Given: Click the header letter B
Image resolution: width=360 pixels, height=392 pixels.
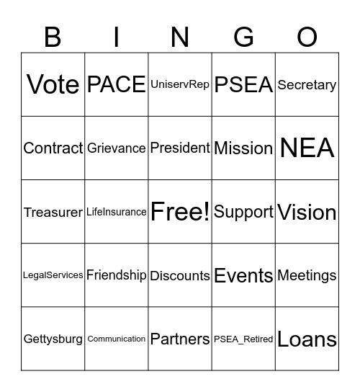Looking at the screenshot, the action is [x=53, y=37].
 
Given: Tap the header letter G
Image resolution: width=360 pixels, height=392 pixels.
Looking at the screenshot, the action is [x=243, y=37].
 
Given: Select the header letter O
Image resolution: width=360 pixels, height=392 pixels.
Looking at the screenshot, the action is [x=307, y=37].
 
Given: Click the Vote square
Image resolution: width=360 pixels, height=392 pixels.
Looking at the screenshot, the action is [x=53, y=84].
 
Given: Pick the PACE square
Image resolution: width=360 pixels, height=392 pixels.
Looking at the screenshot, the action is [x=117, y=84].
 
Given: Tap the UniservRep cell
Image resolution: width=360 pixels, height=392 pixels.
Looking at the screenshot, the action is [x=180, y=84].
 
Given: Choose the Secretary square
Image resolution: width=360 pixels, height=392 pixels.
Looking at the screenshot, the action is [x=307, y=84].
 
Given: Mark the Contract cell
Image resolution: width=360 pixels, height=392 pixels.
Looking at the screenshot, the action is [x=53, y=148].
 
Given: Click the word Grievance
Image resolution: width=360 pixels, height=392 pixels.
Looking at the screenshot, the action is [x=117, y=148].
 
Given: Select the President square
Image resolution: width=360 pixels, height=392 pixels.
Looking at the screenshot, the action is [x=180, y=148].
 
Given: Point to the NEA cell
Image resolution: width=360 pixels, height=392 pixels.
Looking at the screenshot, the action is [x=307, y=148].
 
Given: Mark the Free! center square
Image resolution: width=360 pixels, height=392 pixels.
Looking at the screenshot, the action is [x=180, y=212].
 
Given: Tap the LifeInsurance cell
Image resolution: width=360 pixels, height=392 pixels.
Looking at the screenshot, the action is [x=117, y=212].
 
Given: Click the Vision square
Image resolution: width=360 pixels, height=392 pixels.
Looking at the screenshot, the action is [x=307, y=212].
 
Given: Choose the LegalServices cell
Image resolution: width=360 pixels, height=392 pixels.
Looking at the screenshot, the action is [x=53, y=275].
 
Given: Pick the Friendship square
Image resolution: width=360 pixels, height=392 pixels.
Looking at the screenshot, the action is [x=117, y=275].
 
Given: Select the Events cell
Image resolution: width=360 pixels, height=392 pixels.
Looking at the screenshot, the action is [x=243, y=275].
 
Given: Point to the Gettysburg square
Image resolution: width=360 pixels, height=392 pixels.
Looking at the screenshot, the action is [x=53, y=339].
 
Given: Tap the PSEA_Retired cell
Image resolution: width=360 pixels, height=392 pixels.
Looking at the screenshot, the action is [x=243, y=339].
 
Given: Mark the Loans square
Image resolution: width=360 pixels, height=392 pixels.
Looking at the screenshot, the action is [x=307, y=339].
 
